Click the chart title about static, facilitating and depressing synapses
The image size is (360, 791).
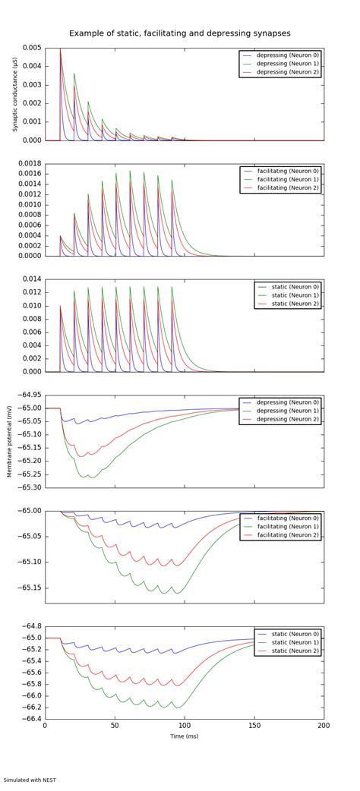coord(179,33)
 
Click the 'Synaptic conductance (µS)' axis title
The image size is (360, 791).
coord(14,94)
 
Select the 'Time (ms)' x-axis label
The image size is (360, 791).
coord(185,736)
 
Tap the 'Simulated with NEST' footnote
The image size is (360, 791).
coord(30,780)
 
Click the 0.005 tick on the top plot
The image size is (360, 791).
coord(31,48)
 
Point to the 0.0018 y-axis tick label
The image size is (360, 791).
coord(29,163)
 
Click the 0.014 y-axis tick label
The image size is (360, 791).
coord(31,279)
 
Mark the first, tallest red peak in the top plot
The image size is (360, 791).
coord(61,50)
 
